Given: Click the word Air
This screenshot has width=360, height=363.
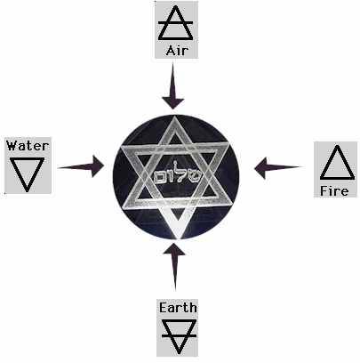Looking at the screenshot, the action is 177,51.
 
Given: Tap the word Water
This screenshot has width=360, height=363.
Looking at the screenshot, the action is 28,146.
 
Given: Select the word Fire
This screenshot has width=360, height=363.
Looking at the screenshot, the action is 334,191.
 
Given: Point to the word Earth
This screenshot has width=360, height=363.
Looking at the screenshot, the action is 178,308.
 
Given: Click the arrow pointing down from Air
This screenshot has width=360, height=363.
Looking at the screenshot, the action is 172,86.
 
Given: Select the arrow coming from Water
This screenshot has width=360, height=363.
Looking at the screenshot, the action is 81,166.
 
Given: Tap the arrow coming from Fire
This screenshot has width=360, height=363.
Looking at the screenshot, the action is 278,168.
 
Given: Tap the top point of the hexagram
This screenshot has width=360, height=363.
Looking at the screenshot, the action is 175,116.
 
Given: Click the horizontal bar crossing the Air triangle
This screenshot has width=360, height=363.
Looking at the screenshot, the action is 176,22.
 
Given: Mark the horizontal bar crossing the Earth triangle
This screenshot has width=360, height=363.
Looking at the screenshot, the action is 179,335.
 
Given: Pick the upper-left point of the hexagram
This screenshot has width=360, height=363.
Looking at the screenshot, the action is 122,147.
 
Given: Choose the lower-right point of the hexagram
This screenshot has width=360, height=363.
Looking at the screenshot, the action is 231,205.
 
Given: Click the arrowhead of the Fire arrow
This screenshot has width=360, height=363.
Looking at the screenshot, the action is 260,168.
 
